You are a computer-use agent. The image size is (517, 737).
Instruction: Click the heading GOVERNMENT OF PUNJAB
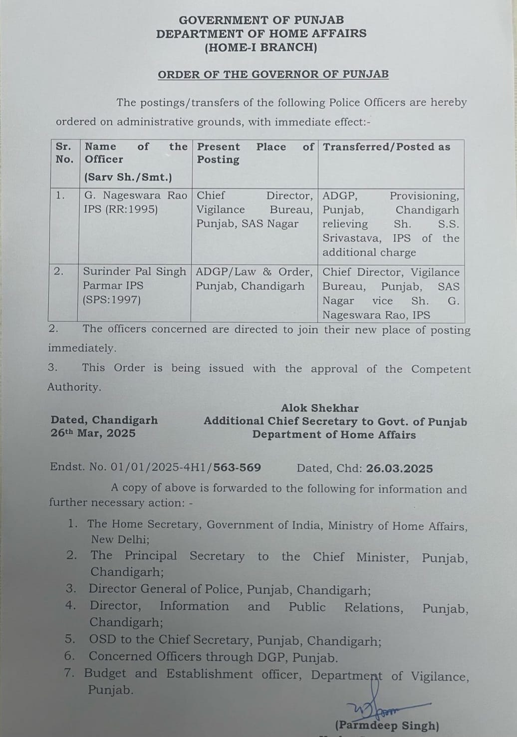[x=261, y=20]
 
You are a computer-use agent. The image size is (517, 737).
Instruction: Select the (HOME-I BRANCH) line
[x=260, y=47]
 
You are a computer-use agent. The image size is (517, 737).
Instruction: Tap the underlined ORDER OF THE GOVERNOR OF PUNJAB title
[x=273, y=74]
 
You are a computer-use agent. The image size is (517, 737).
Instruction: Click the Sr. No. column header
[x=64, y=153]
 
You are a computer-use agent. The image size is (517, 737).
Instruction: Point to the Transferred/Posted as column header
[x=386, y=147]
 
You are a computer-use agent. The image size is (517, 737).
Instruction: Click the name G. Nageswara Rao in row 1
[x=136, y=195]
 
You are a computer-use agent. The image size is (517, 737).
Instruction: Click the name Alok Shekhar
[x=319, y=408]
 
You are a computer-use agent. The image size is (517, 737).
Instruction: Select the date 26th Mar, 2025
[x=93, y=433]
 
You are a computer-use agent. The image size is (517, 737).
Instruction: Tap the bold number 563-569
[x=237, y=468]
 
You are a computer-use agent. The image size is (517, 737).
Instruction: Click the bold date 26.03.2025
[x=399, y=469]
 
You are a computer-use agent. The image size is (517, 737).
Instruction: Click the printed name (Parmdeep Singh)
[x=387, y=726]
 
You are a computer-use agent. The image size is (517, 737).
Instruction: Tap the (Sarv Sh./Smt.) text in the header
[x=128, y=177]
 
